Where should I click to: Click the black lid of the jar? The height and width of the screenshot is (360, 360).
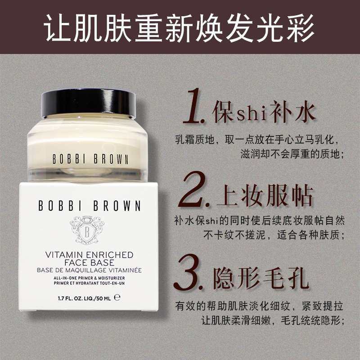(x=88, y=103)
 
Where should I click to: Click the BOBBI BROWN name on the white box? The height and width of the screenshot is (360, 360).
(x=90, y=207)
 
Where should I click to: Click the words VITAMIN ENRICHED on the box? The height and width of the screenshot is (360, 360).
(x=89, y=255)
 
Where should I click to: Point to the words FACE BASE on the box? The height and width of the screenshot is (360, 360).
(x=89, y=262)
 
